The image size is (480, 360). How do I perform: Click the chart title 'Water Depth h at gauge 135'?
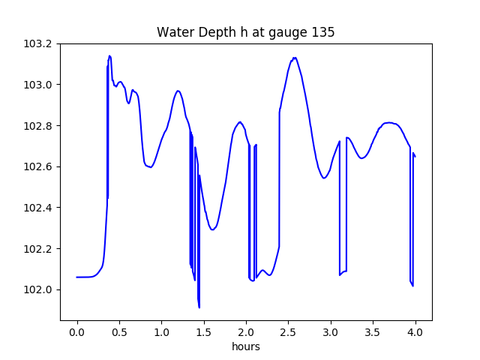(245, 32)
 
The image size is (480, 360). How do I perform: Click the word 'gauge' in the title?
(288, 33)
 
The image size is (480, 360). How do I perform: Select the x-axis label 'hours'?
(246, 346)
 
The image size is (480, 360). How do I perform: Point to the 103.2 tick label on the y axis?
(37, 43)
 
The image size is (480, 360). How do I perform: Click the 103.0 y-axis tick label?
(37, 85)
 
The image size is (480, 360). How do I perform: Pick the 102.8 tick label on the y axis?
(37, 126)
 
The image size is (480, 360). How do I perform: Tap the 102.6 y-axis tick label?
(37, 166)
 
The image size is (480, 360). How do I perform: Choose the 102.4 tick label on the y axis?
(37, 208)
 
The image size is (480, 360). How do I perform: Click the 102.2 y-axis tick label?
(37, 248)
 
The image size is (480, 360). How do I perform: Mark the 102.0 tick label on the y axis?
(37, 289)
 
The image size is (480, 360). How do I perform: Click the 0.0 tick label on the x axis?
(77, 332)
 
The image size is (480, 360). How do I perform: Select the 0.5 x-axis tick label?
(119, 332)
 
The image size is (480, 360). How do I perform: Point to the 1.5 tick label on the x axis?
(204, 332)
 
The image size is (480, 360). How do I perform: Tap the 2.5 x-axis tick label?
(288, 332)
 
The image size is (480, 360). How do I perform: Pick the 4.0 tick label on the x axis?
(415, 332)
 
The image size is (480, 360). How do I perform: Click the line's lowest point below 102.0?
(199, 307)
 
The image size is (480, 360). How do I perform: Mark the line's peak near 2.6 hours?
(295, 58)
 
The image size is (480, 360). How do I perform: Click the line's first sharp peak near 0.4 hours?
(110, 55)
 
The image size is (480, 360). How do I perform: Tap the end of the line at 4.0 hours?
(415, 157)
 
